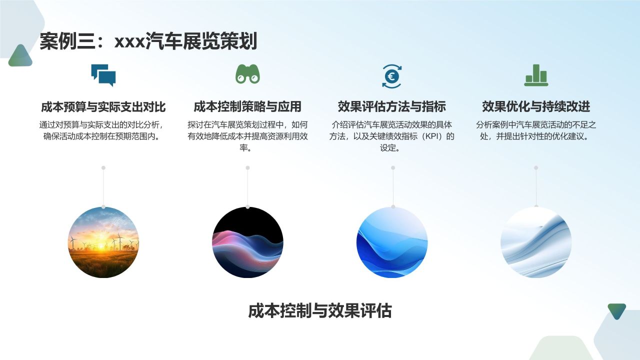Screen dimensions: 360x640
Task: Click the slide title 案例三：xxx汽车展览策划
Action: tap(148, 41)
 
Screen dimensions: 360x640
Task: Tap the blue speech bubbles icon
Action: tap(103, 75)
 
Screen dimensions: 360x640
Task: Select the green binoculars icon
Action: tap(248, 74)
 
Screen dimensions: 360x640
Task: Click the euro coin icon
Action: tap(391, 76)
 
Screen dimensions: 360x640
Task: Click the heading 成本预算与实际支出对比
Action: tap(103, 106)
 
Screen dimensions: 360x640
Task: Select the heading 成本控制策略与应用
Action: tap(247, 106)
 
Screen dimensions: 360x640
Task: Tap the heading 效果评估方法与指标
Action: tap(392, 106)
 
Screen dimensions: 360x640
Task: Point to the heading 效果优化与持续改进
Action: tap(536, 106)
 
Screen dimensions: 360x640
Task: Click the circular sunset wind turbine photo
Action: tap(103, 242)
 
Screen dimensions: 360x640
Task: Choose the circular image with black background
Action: tap(247, 242)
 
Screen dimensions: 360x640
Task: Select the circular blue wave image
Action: tap(392, 242)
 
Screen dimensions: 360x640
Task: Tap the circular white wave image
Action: tap(536, 242)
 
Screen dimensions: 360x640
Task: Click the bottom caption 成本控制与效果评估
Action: tap(319, 310)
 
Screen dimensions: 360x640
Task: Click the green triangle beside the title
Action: tap(20, 56)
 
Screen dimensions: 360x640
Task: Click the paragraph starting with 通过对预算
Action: tap(103, 130)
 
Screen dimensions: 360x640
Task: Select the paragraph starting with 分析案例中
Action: tap(536, 130)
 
